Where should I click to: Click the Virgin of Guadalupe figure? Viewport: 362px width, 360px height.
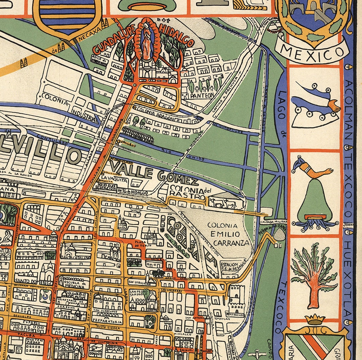coord(147,42)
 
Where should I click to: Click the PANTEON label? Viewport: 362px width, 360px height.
coord(202,96)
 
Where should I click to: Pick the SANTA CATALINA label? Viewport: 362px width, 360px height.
coord(75,257)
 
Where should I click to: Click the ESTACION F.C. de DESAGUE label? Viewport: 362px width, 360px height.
coord(234,266)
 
